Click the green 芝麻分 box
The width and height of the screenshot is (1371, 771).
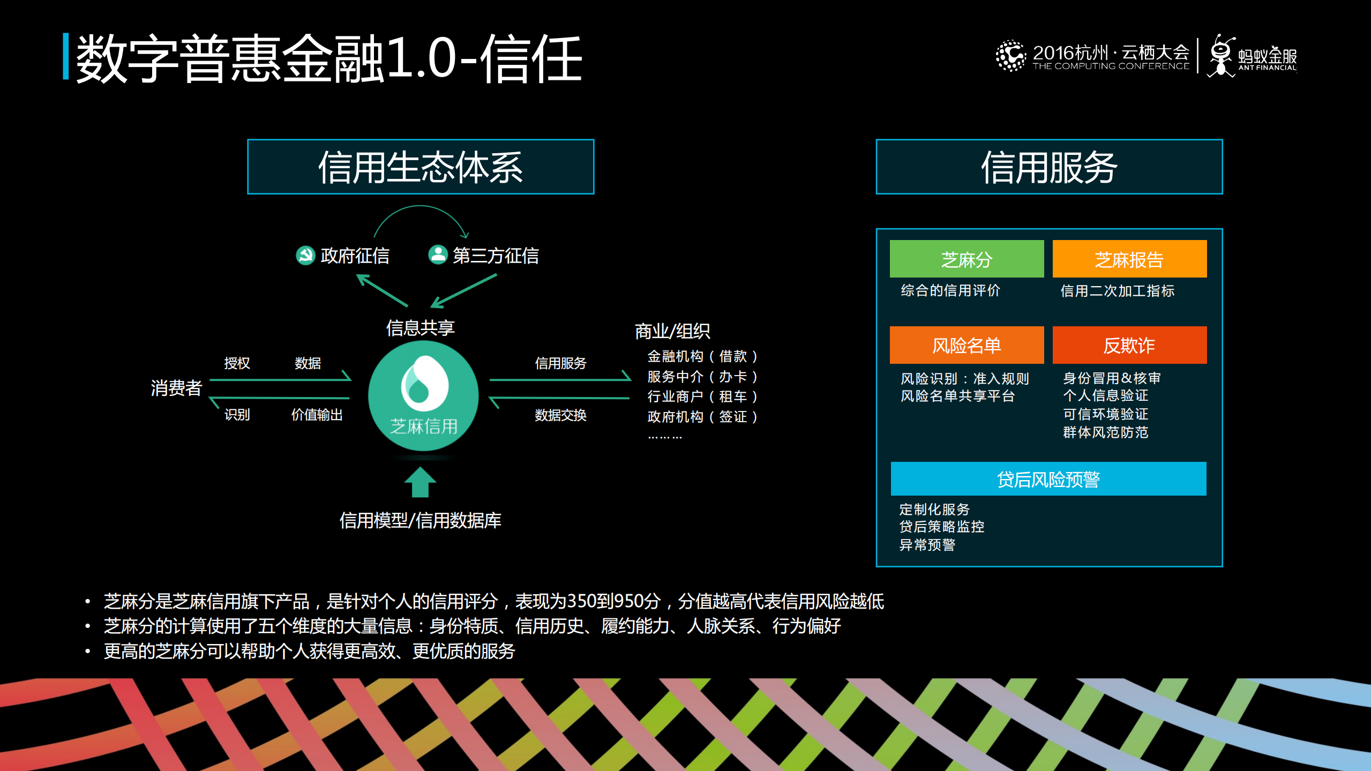[x=967, y=259]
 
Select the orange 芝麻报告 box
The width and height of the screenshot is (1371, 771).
[x=1129, y=259]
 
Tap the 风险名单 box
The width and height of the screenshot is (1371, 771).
[x=967, y=345]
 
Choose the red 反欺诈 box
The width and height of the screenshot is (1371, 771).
[x=1129, y=345]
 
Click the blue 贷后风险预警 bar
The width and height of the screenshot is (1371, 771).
[x=1048, y=478]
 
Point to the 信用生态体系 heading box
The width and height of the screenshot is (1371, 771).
[x=421, y=167]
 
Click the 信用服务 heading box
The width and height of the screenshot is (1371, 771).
[x=1049, y=167]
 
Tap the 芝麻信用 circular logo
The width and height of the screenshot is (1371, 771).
[x=423, y=395]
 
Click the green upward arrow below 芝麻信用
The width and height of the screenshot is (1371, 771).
[x=420, y=482]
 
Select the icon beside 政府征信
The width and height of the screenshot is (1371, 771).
[x=305, y=255]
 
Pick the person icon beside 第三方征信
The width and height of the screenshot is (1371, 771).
[x=438, y=254]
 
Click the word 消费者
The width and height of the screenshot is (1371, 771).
[x=176, y=387]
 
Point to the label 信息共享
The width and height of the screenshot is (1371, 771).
[x=421, y=327]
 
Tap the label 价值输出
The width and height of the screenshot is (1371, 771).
[x=317, y=414]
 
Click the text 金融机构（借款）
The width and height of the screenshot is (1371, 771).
[x=702, y=356]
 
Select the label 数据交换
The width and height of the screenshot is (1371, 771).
[x=560, y=415]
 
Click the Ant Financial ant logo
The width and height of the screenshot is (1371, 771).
[x=1222, y=56]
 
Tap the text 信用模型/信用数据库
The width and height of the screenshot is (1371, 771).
[x=421, y=520]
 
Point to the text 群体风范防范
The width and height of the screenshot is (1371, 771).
[x=1105, y=432]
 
